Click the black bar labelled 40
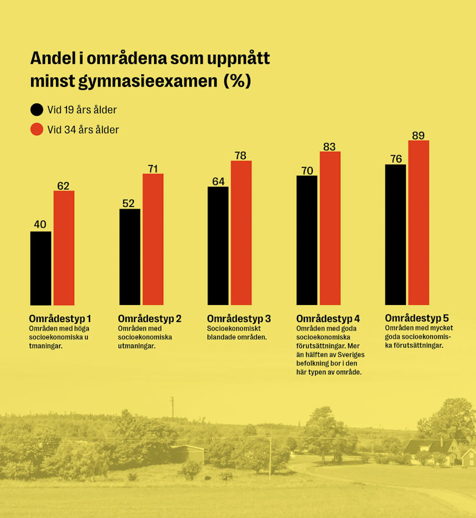(41, 268)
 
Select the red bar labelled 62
(64, 248)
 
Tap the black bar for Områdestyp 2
(130, 257)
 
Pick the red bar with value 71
(153, 239)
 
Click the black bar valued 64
(218, 245)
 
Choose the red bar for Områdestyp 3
(241, 233)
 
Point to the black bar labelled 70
(307, 240)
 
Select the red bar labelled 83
(330, 228)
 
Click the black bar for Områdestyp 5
(396, 234)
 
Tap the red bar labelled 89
(419, 223)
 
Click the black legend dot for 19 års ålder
(37, 110)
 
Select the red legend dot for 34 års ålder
(37, 130)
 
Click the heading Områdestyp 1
(60, 318)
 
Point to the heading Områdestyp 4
(328, 318)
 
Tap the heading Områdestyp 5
(417, 318)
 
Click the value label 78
(241, 155)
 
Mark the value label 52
(128, 203)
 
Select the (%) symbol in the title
(237, 81)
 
